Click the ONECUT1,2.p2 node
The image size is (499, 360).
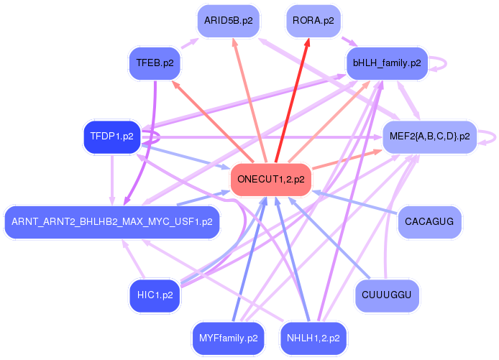click(270, 180)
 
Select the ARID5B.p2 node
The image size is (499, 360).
click(228, 21)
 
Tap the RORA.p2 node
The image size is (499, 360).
click(313, 21)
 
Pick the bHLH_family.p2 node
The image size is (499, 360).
click(386, 63)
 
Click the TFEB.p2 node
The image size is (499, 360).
click(154, 63)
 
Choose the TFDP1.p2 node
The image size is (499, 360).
click(111, 136)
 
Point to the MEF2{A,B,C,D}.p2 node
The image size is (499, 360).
click(429, 136)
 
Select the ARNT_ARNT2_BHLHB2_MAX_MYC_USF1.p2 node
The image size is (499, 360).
click(111, 221)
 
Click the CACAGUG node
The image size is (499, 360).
click(429, 221)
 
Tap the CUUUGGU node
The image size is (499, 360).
click(387, 295)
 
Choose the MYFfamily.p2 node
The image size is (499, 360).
click(227, 337)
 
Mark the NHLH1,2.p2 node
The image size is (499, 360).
click(313, 337)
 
